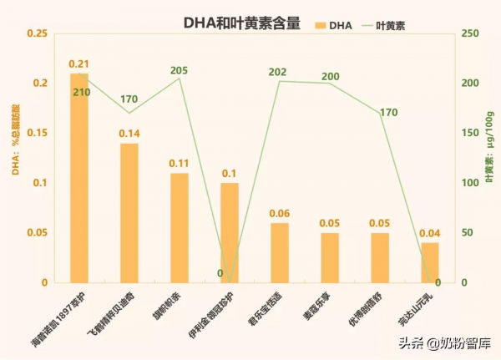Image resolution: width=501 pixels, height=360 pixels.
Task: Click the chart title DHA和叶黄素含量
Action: [x=241, y=24]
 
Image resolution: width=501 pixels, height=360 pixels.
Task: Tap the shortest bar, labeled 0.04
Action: [x=430, y=263]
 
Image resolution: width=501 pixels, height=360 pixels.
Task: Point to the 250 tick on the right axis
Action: [x=469, y=33]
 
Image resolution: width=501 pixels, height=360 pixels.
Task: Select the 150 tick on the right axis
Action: [x=469, y=133]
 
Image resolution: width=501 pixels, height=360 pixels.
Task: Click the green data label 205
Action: [x=179, y=70]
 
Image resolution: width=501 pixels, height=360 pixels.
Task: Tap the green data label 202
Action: [x=278, y=73]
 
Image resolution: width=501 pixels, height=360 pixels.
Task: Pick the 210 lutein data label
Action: [x=81, y=92]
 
